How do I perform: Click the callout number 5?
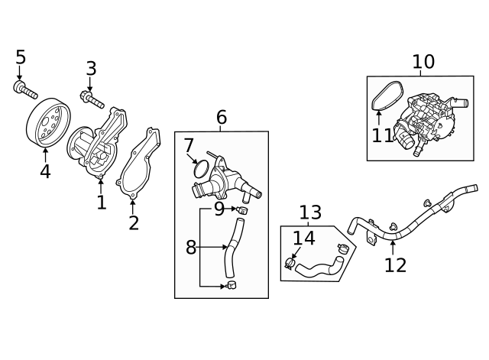[x=21, y=57]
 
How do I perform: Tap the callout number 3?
[x=91, y=69]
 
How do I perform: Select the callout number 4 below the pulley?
[x=45, y=171]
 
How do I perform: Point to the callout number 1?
[x=101, y=202]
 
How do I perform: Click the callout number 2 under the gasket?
[x=134, y=222]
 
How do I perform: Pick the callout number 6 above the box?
[x=222, y=118]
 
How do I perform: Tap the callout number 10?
[x=423, y=62]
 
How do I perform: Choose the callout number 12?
[x=395, y=264]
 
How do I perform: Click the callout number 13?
[x=310, y=212]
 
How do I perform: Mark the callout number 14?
[x=304, y=238]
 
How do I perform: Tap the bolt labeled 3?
[x=92, y=99]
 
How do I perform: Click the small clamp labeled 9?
[x=244, y=209]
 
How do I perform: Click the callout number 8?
[x=191, y=247]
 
